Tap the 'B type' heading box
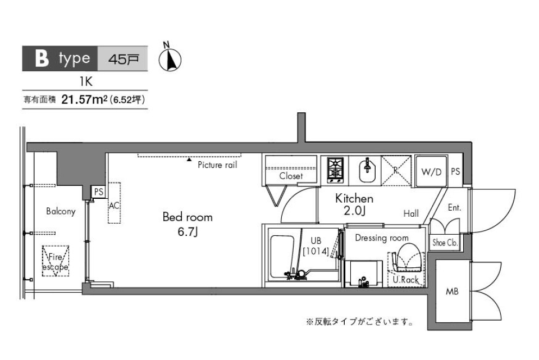point(60,58)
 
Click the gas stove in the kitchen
point(335,170)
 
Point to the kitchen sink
point(365,170)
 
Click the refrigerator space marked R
point(396,170)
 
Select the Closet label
point(291,176)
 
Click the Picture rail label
point(217,165)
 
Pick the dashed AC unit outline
point(115,203)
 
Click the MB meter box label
point(451,292)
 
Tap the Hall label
point(411,213)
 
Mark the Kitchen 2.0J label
point(354,205)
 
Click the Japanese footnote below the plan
point(360,322)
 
